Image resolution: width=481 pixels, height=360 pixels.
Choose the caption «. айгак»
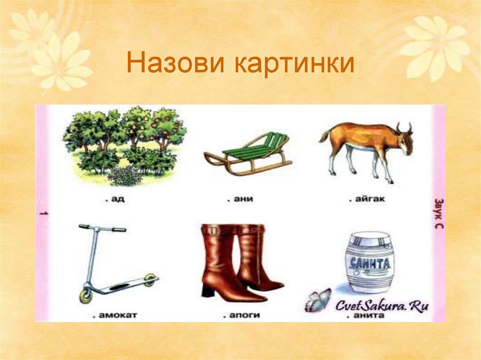point(367,199)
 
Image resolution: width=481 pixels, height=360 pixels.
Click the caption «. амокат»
point(115,314)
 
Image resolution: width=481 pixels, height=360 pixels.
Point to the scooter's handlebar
point(102,228)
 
